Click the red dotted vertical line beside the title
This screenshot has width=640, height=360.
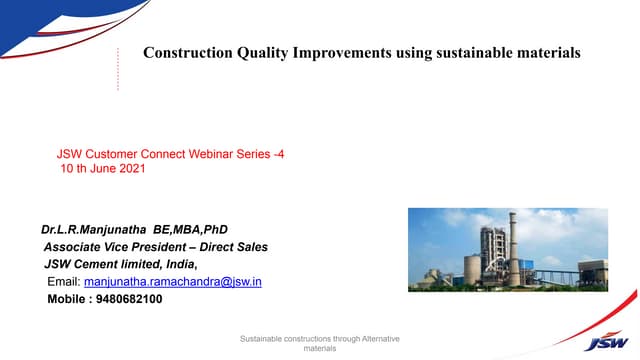[118, 68]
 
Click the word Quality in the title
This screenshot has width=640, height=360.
[260, 52]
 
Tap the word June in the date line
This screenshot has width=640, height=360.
[102, 169]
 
